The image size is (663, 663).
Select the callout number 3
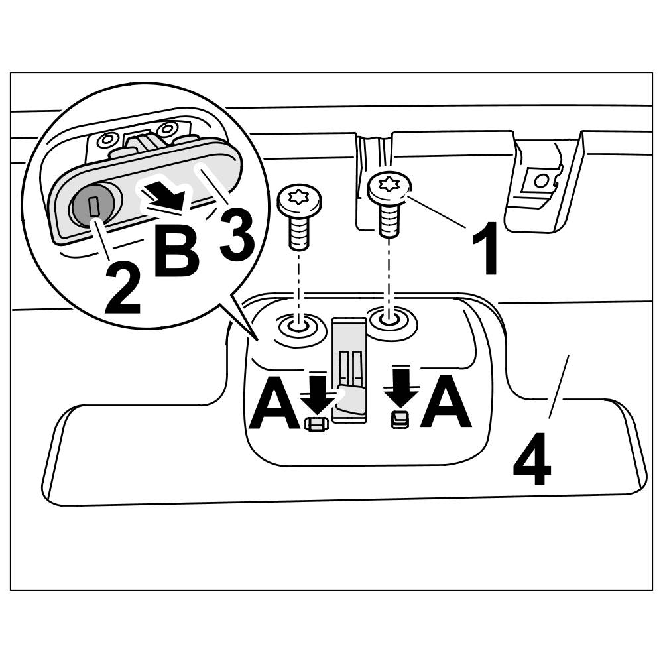(237, 234)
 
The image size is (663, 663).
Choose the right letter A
(446, 403)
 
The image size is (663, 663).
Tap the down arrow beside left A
(319, 392)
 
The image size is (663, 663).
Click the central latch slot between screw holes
(349, 368)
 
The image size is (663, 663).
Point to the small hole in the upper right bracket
(541, 180)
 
